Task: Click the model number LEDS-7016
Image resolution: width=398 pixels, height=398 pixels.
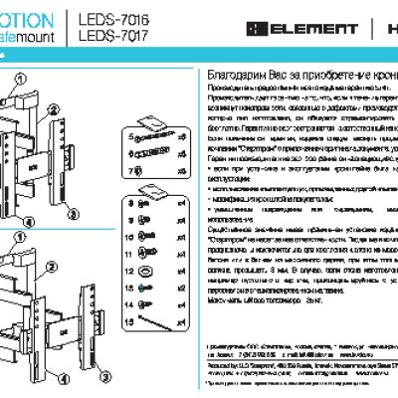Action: point(106,17)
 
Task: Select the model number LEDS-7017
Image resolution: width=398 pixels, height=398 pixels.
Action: point(106,34)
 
